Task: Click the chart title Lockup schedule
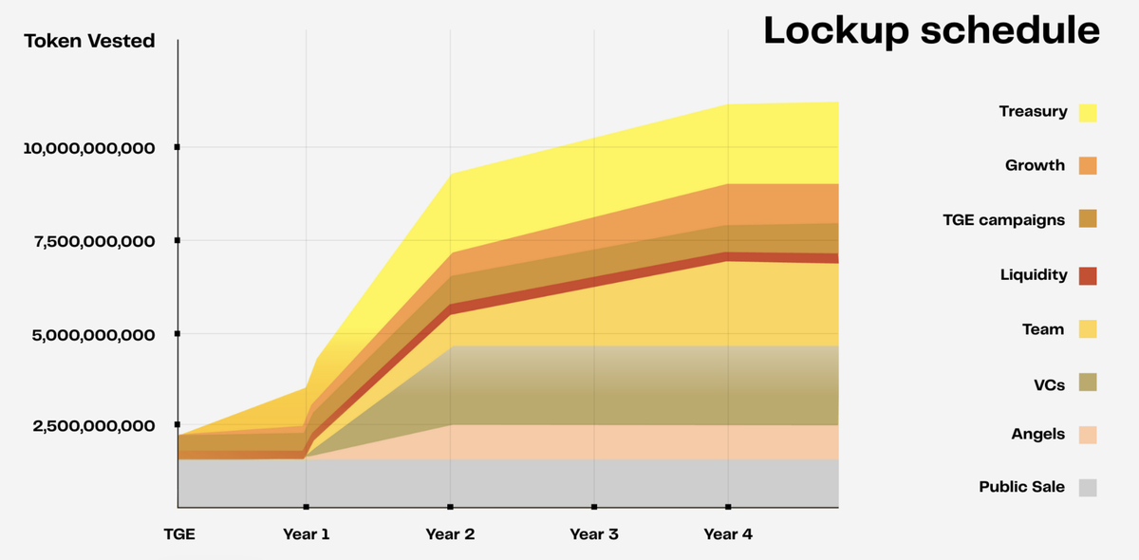pyautogui.click(x=931, y=30)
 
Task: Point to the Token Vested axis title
pyautogui.click(x=89, y=42)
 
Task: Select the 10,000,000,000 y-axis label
pyautogui.click(x=89, y=148)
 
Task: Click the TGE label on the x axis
pyautogui.click(x=178, y=534)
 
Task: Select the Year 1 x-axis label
pyautogui.click(x=307, y=534)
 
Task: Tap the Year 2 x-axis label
pyautogui.click(x=450, y=534)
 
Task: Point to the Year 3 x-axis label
pyautogui.click(x=594, y=534)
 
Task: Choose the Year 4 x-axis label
pyautogui.click(x=728, y=534)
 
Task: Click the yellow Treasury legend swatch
pyautogui.click(x=1088, y=112)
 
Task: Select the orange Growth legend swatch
pyautogui.click(x=1088, y=166)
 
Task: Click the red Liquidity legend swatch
pyautogui.click(x=1088, y=275)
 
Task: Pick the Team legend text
pyautogui.click(x=1043, y=329)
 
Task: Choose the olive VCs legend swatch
pyautogui.click(x=1088, y=383)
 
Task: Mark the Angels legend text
pyautogui.click(x=1037, y=434)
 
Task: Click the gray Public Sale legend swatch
pyautogui.click(x=1088, y=487)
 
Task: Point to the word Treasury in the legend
pyautogui.click(x=1033, y=112)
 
